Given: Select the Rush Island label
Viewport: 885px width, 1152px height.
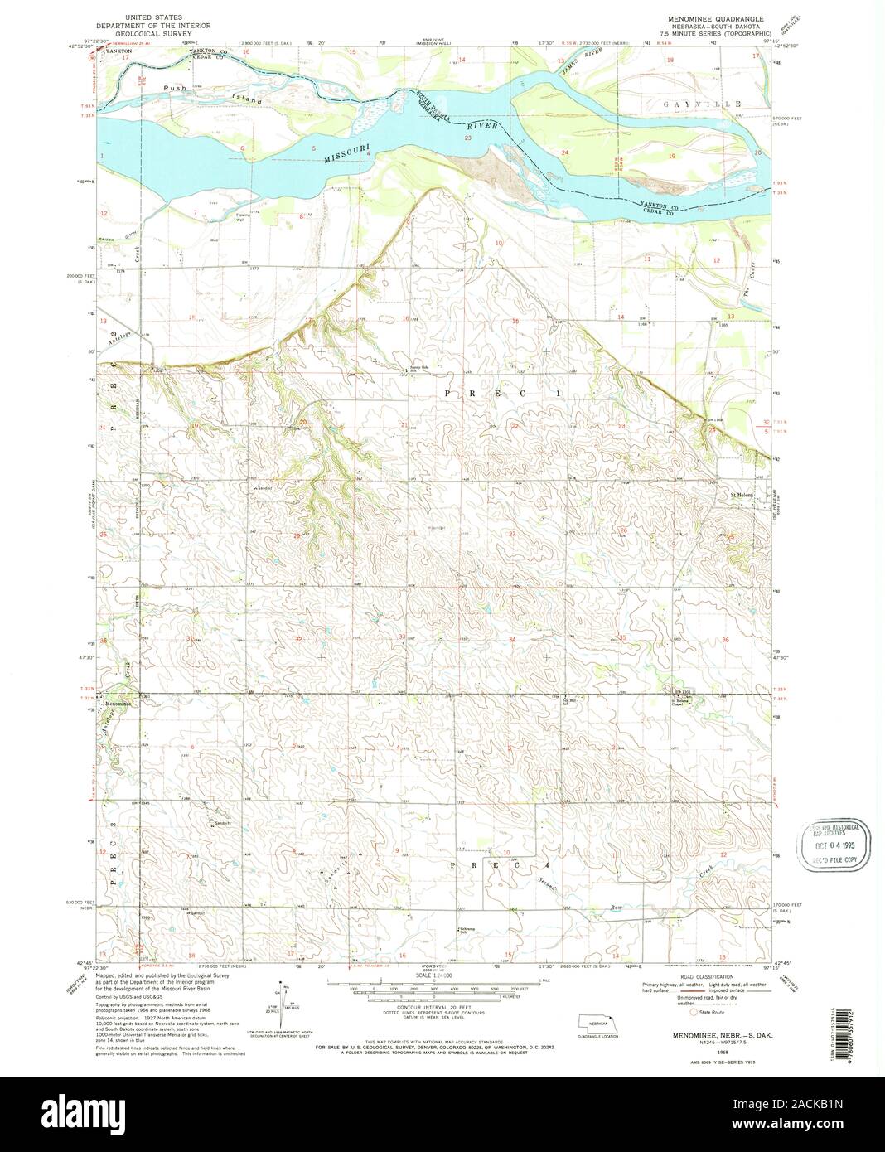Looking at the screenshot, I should point(214,94).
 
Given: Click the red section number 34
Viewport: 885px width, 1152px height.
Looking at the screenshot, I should point(512,640).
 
